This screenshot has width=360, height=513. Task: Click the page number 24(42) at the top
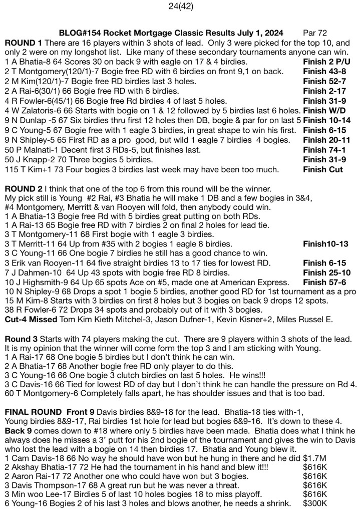180,7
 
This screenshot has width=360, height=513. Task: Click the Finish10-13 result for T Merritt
328,243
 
